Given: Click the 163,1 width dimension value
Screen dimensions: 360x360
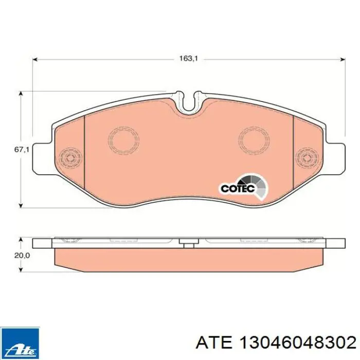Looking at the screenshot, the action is (x=188, y=59).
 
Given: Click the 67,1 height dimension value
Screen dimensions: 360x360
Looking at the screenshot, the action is (x=22, y=150).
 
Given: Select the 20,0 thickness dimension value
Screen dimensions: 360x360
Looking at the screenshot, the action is (x=22, y=256).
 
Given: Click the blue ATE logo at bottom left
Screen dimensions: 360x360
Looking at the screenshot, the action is (x=20, y=343).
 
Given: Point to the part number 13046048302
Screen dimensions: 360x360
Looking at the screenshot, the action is (x=297, y=344).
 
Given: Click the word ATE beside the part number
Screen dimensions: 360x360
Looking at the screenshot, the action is (x=214, y=344).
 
